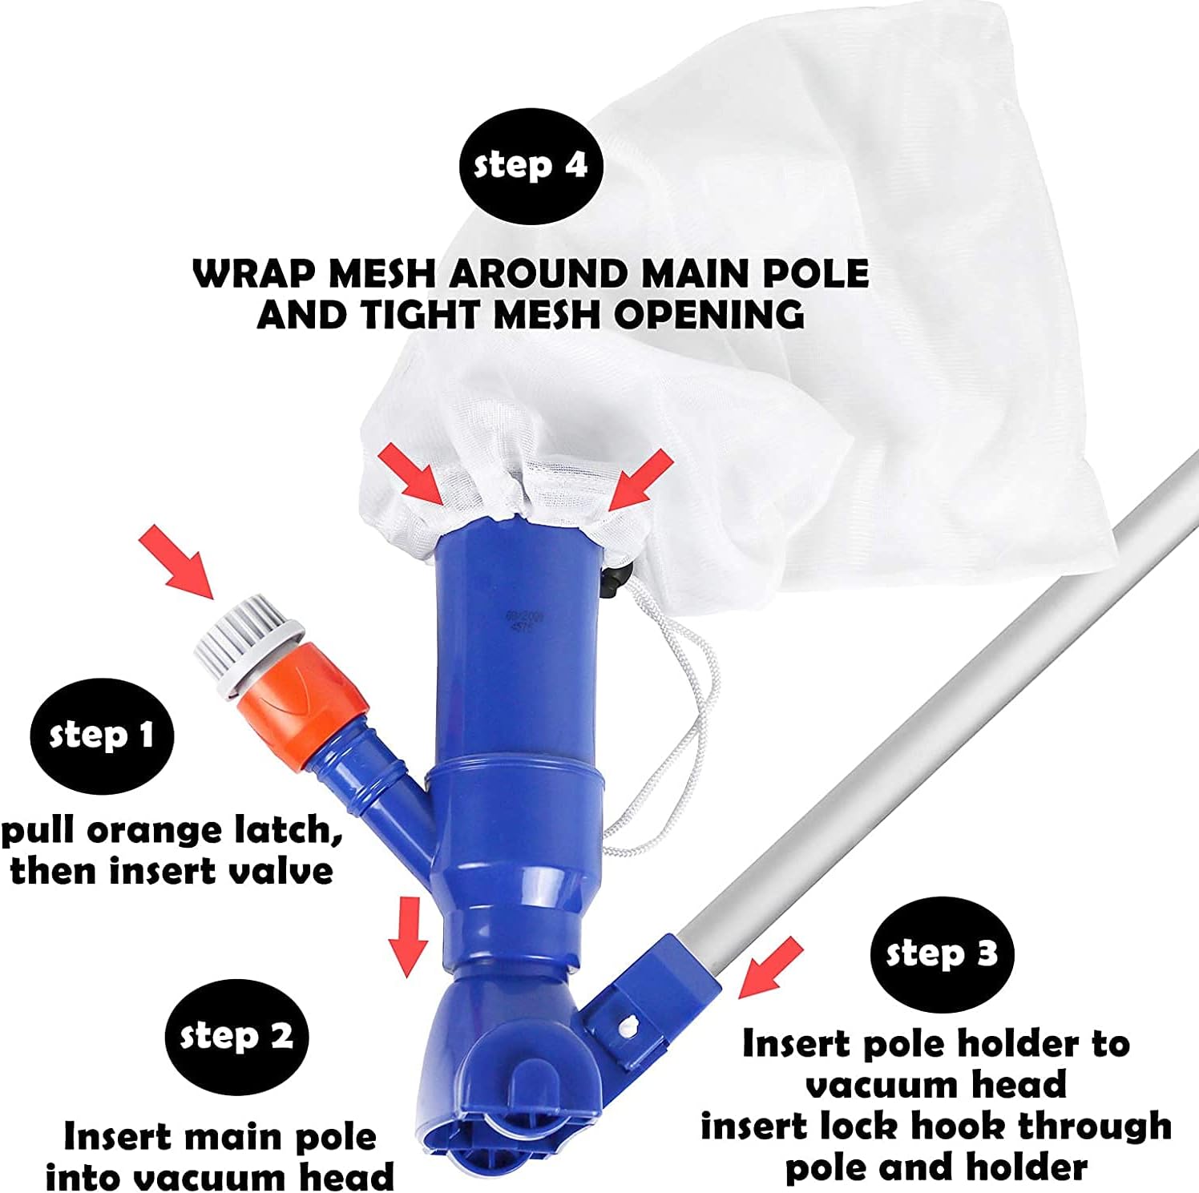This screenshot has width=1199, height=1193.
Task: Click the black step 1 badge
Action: pos(102,736)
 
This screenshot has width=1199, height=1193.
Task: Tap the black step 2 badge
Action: pos(236,1036)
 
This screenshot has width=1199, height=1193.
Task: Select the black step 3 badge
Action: pos(942,953)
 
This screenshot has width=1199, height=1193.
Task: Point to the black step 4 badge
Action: pos(531,165)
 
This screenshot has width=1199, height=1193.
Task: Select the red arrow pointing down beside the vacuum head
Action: pos(408,937)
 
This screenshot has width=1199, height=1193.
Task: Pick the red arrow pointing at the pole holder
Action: pos(770,967)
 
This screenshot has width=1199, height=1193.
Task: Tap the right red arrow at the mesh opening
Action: pos(640,479)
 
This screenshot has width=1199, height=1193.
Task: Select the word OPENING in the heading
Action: pos(708,314)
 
